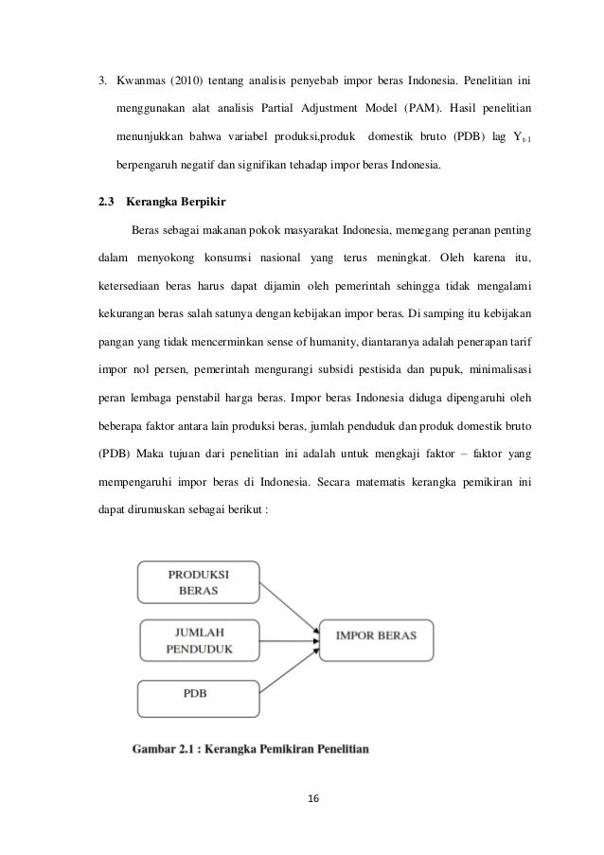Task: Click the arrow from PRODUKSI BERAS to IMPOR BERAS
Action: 290,605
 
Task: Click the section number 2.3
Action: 107,202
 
